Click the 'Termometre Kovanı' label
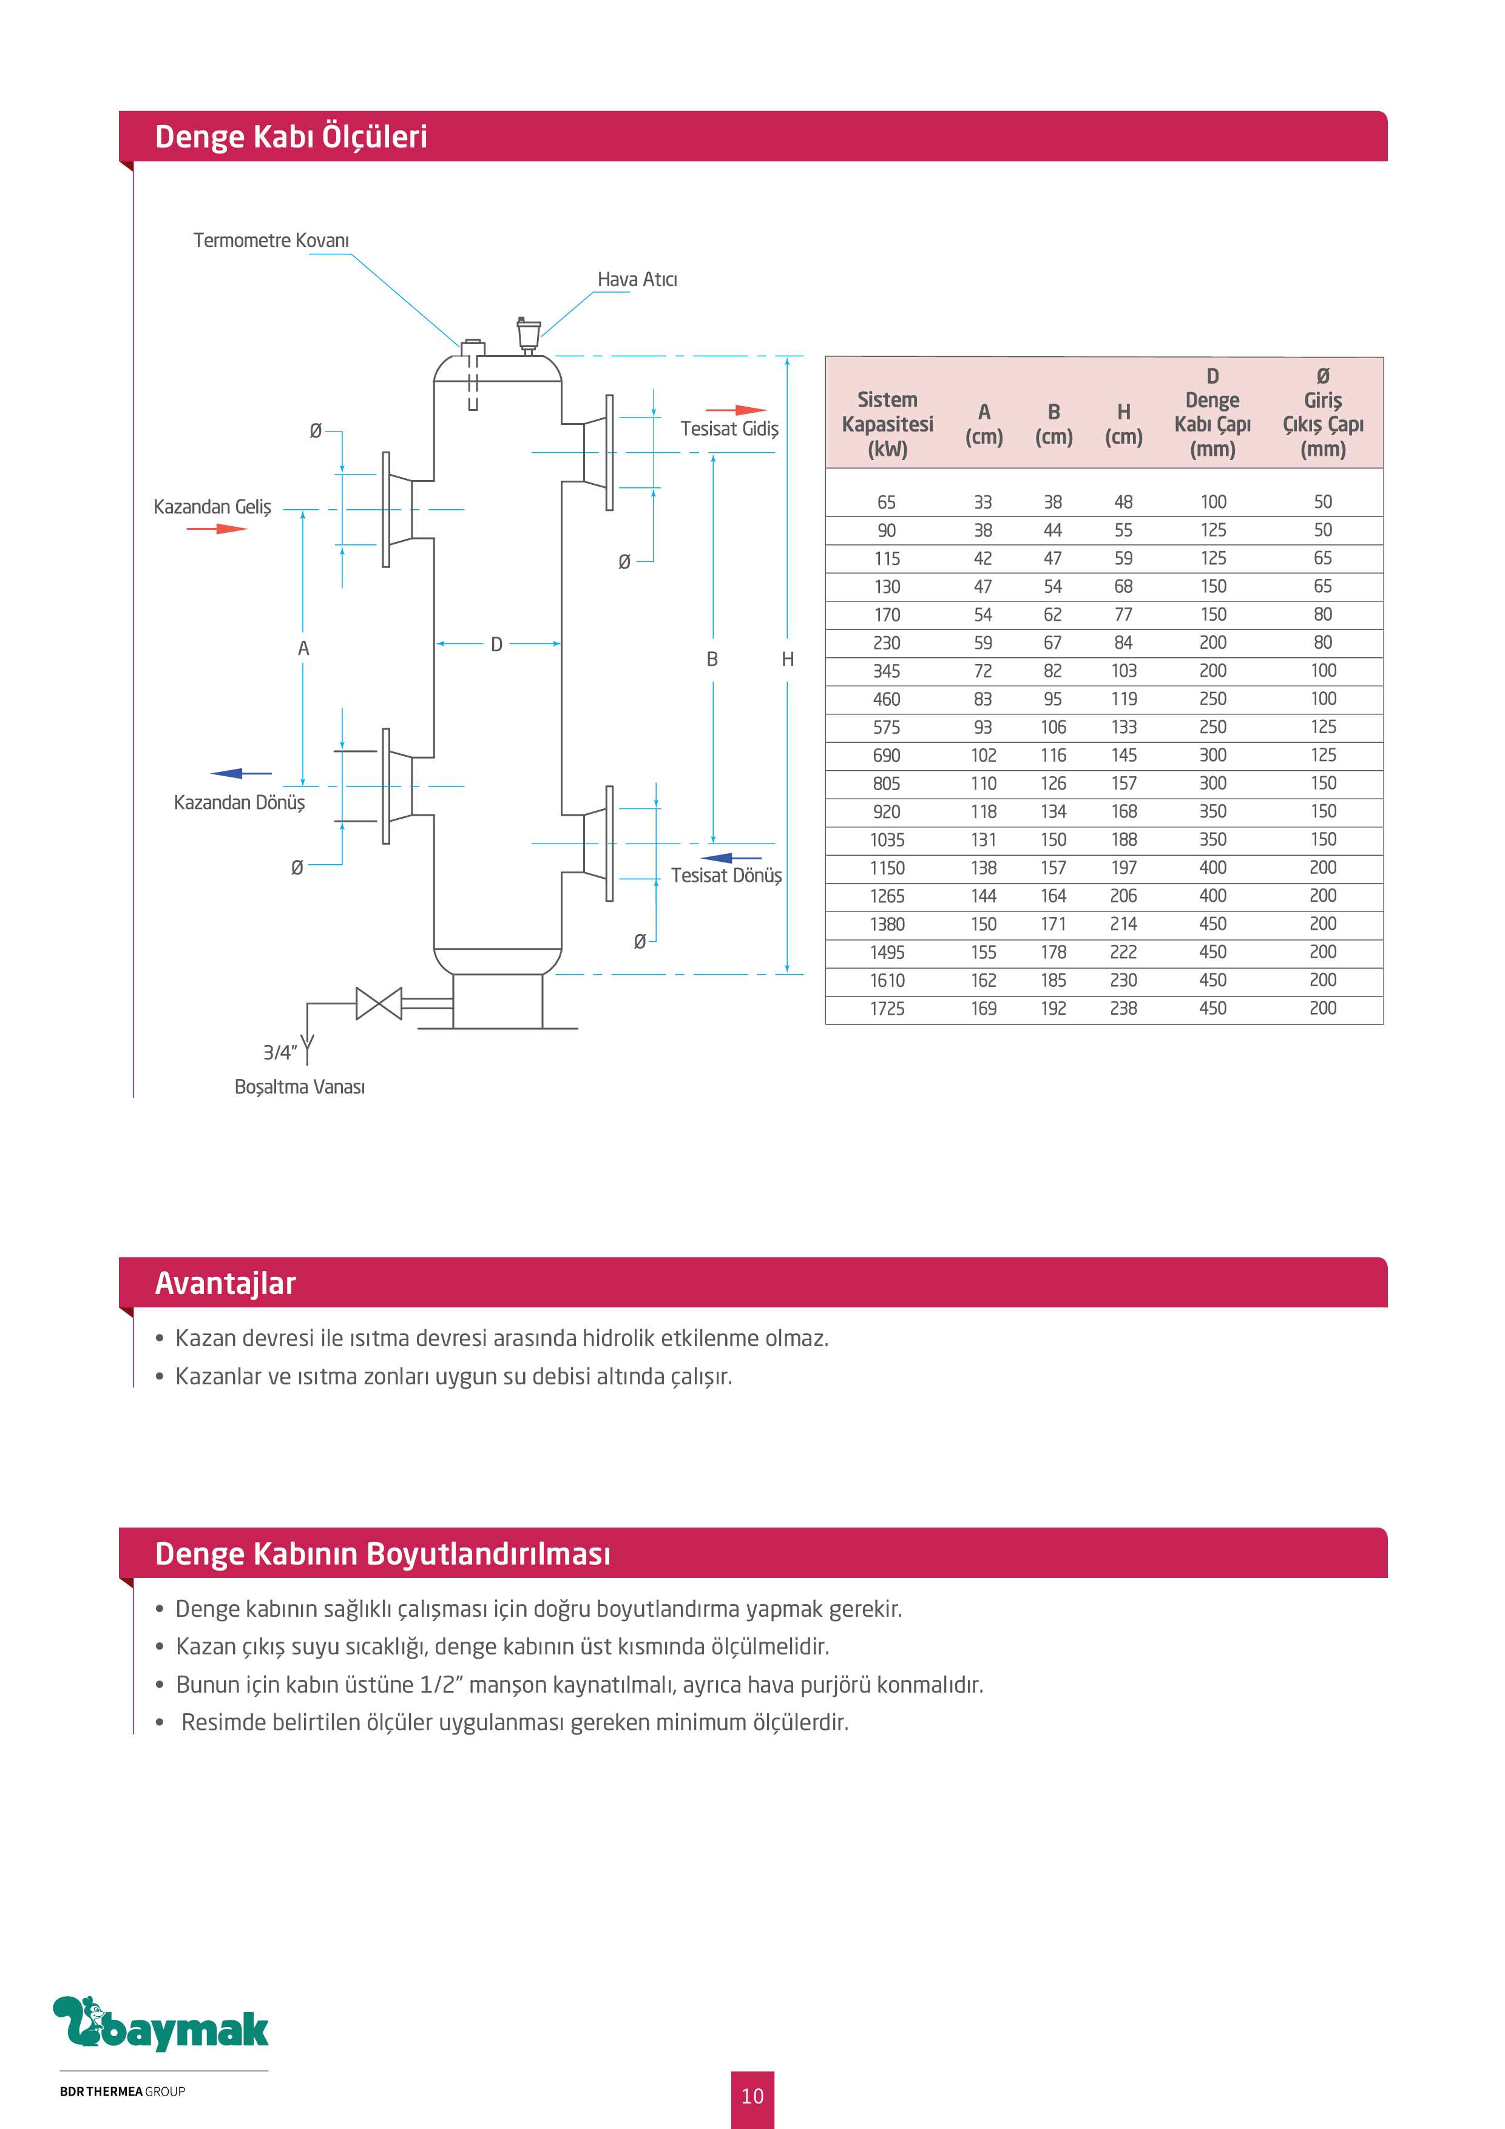point(271,240)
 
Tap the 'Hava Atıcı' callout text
point(637,279)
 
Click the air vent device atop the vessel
point(529,335)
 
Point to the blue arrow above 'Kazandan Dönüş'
point(241,773)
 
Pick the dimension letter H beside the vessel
point(787,659)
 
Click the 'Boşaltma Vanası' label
point(300,1087)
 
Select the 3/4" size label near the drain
point(280,1052)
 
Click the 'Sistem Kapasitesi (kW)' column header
point(887,424)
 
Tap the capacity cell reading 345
point(887,671)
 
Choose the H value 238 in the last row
point(1123,1008)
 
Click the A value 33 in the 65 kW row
point(983,502)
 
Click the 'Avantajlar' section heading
point(225,1284)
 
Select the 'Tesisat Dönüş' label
point(726,875)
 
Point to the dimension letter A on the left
point(303,649)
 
